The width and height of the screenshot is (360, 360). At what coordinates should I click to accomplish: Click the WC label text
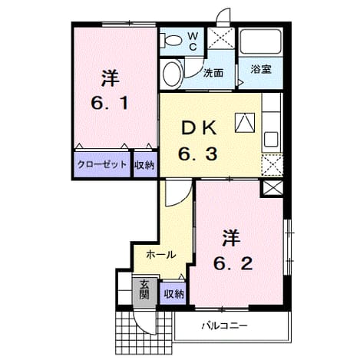[x=193, y=41]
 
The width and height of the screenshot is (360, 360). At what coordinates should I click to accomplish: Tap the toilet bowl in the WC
[x=172, y=40]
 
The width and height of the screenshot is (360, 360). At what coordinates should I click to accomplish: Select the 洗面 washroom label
[x=213, y=73]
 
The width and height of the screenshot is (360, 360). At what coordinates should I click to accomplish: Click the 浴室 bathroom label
[x=261, y=69]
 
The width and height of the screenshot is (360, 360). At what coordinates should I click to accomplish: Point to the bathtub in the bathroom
[x=261, y=41]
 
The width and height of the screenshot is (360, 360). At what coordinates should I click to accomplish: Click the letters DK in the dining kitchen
[x=199, y=128]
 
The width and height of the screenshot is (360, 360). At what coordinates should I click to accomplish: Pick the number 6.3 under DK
[x=198, y=154]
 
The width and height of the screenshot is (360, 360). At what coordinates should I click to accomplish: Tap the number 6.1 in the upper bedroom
[x=110, y=104]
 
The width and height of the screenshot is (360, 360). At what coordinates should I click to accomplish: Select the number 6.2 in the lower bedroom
[x=233, y=264]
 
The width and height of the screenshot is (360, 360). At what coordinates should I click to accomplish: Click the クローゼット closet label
[x=102, y=164]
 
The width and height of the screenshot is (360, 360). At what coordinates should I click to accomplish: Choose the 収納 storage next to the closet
[x=145, y=165]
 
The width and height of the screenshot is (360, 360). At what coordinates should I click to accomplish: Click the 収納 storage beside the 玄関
[x=173, y=294]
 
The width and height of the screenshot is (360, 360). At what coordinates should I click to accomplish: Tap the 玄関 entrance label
[x=144, y=289]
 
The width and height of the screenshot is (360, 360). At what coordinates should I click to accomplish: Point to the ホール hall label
[x=161, y=255]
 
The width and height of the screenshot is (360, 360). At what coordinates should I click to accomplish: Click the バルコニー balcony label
[x=225, y=326]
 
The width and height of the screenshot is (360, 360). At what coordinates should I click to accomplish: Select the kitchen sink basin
[x=272, y=139]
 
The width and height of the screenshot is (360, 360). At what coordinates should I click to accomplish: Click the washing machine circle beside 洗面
[x=171, y=74]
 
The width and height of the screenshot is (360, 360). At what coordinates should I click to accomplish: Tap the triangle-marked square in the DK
[x=245, y=123]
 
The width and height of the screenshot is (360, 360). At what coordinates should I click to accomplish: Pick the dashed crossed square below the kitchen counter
[x=272, y=165]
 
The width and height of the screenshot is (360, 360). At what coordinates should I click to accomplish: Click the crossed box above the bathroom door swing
[x=221, y=38]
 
